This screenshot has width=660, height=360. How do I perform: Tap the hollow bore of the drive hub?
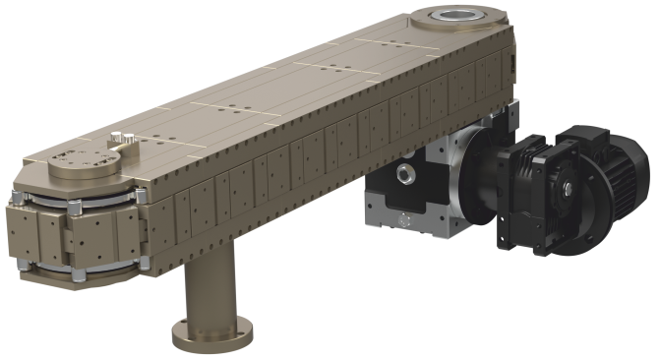[454, 16]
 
